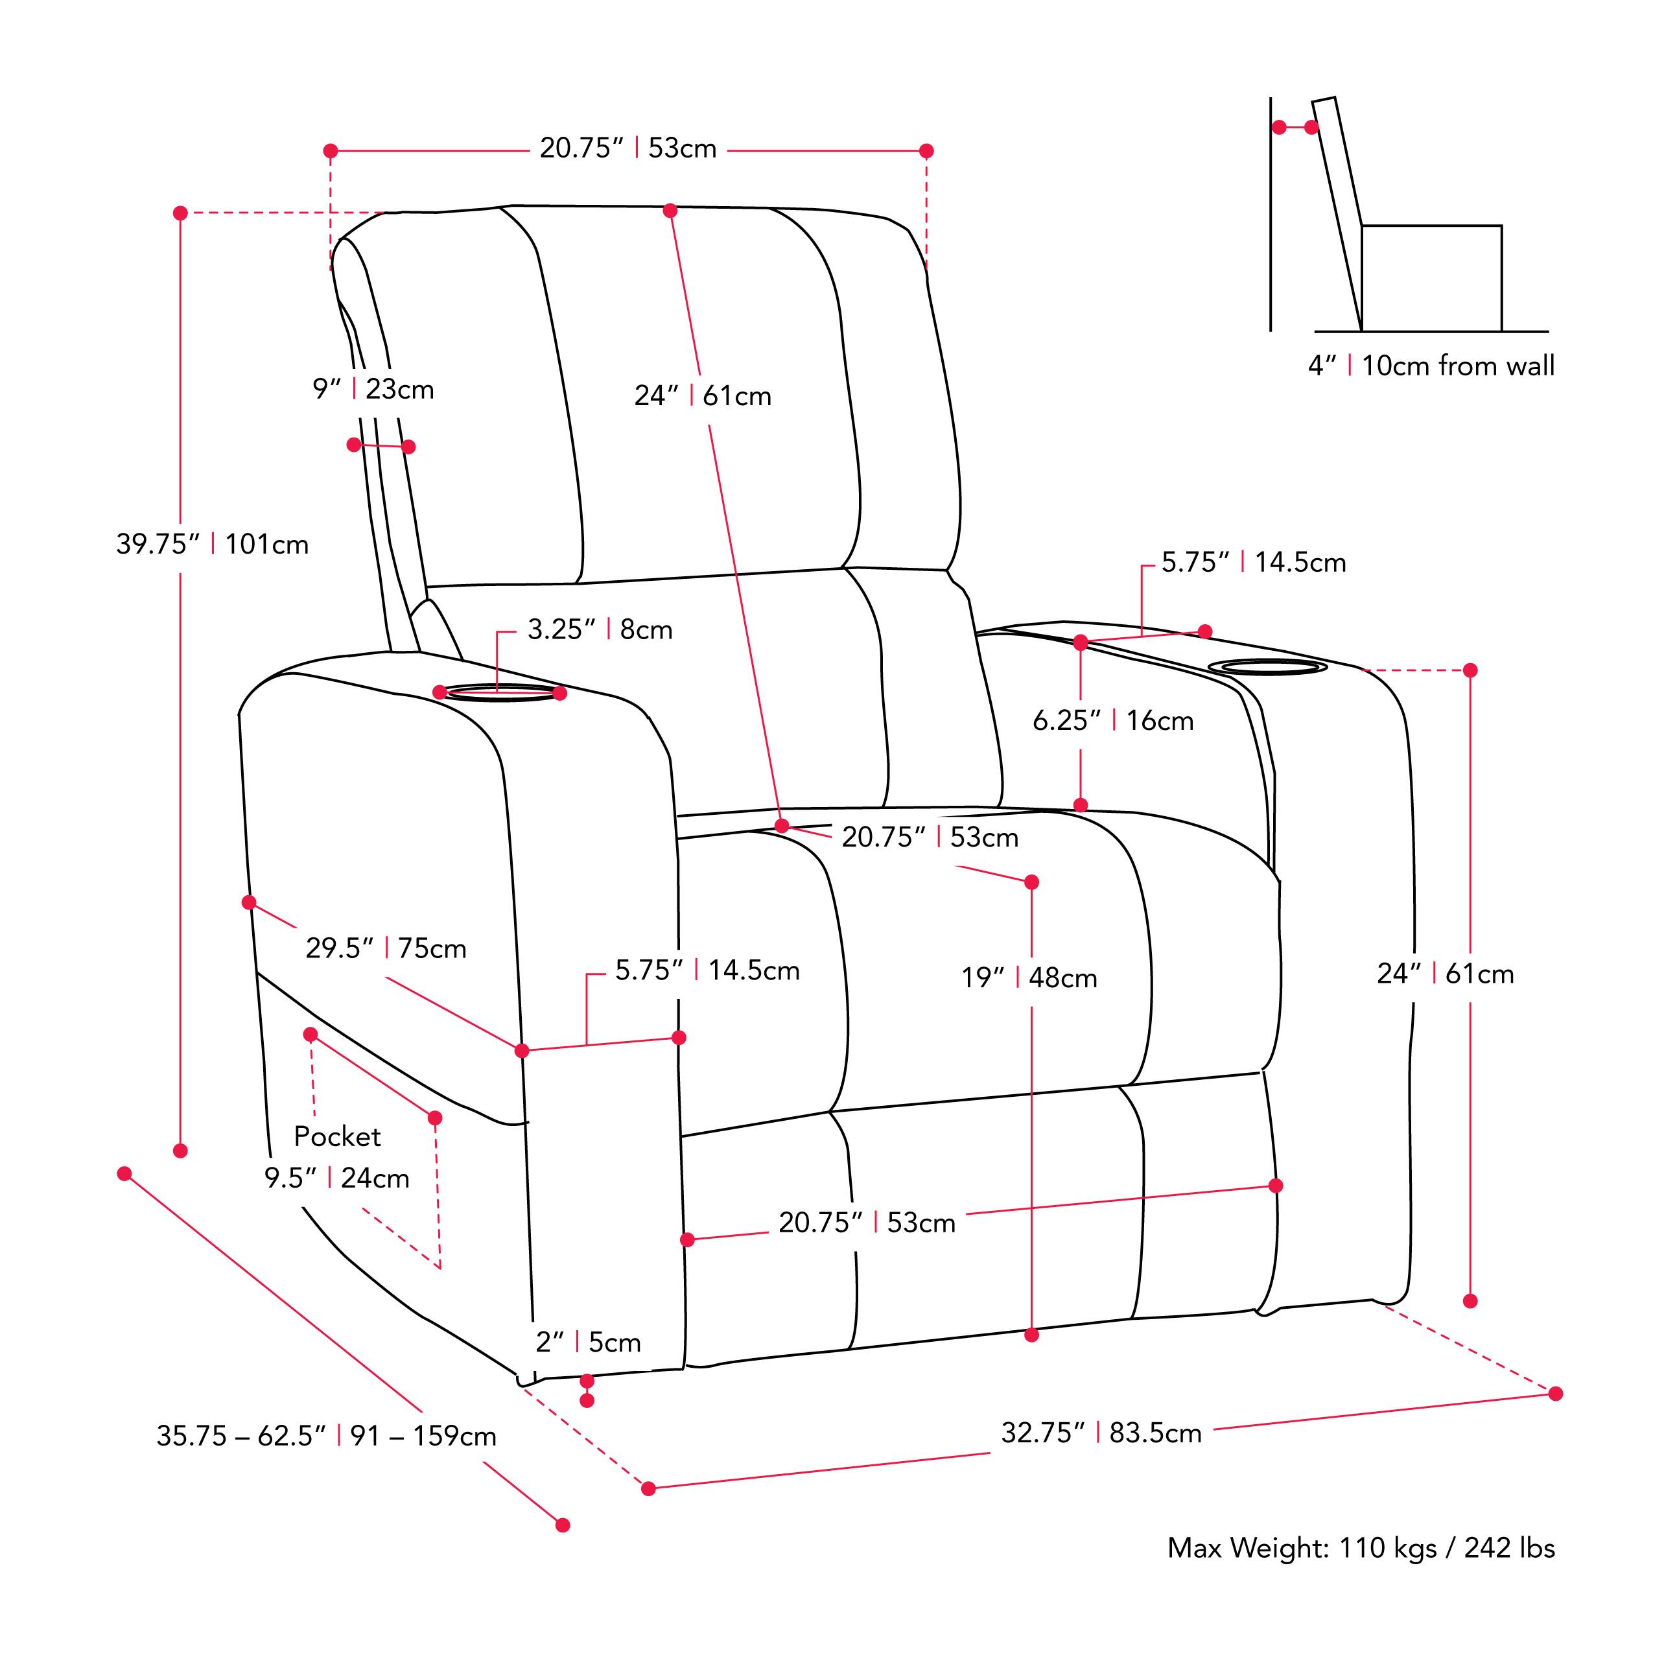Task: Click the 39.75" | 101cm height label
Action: [212, 544]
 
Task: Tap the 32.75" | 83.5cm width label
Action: [1101, 1432]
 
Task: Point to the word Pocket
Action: [337, 1136]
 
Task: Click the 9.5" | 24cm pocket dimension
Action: [336, 1178]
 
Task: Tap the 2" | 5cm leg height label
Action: [588, 1342]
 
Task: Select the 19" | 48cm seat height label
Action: [1028, 977]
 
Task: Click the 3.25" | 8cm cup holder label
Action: [600, 629]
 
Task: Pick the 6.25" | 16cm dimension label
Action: [1112, 720]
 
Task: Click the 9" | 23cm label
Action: [373, 390]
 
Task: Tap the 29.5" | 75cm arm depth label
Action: [386, 948]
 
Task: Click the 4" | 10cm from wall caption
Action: [1431, 366]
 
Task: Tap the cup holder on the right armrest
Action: [1267, 666]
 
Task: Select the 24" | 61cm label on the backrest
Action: [703, 396]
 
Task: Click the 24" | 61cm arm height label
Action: [1445, 974]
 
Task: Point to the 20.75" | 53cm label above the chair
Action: [627, 148]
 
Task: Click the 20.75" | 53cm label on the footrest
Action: [866, 1223]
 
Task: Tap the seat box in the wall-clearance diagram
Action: [1431, 278]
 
